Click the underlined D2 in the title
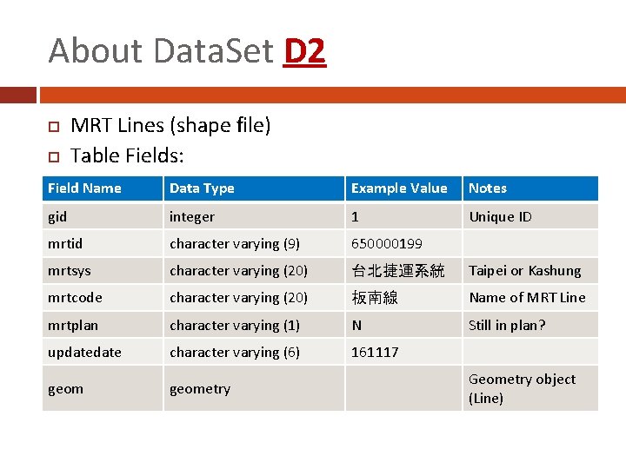304,51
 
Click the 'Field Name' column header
84,188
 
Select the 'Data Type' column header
202,188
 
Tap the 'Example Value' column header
398,188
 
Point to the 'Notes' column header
488,188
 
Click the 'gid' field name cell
57,216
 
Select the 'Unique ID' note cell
500,216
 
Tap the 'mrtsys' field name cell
69,271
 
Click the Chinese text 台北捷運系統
397,271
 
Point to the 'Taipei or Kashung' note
524,271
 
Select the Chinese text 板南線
375,298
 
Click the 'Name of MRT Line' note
527,298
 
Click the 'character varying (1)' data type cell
235,325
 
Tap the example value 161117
375,352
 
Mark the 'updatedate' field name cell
84,352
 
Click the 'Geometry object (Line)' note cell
522,388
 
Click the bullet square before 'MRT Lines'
52,127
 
